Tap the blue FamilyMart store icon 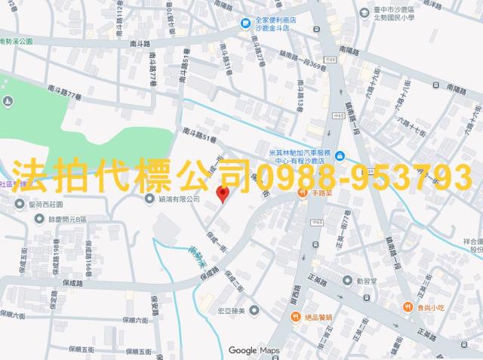246,24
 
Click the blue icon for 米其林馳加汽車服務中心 340,155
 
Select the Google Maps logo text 254,350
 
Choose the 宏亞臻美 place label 232,310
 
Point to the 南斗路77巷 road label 63,92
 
